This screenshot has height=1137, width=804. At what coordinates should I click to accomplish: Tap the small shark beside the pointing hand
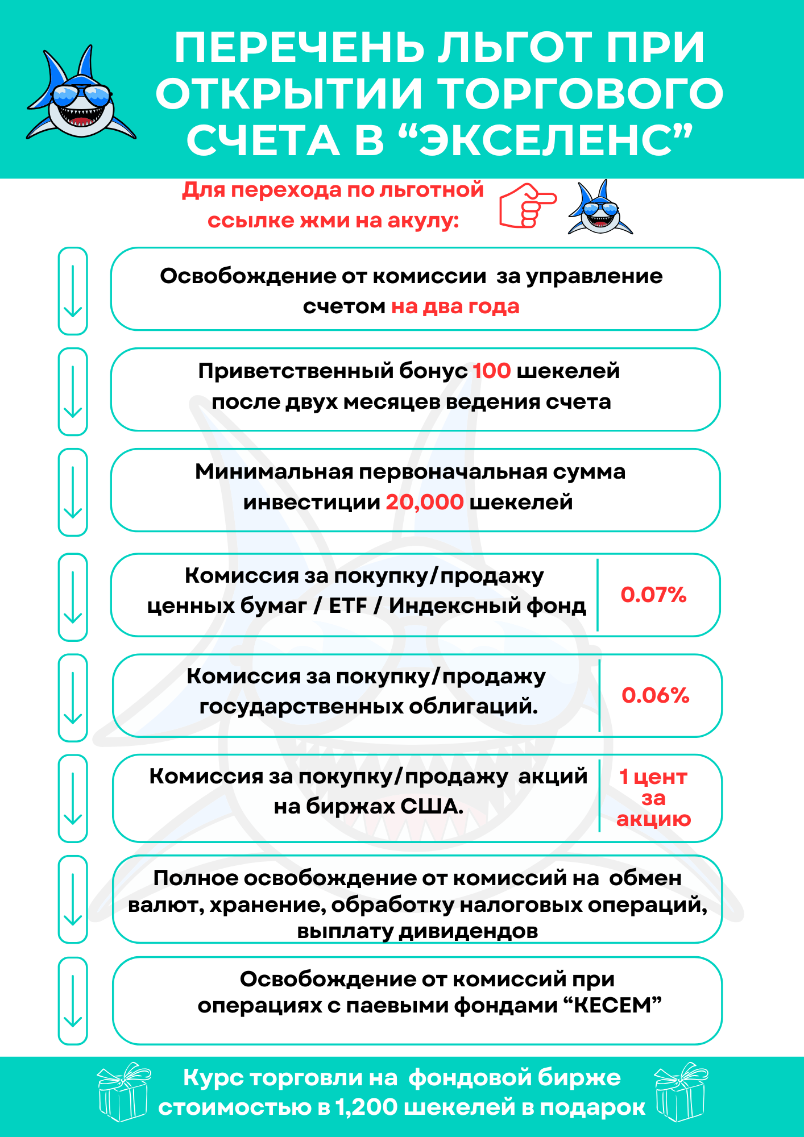(600, 208)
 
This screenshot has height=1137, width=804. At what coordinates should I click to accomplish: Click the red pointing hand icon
(528, 205)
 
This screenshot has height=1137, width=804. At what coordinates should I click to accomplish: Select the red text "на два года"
(455, 307)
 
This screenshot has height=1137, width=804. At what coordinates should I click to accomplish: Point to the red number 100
(492, 371)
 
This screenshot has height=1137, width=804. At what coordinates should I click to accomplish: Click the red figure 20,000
(425, 502)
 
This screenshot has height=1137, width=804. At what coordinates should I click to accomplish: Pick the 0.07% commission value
(653, 595)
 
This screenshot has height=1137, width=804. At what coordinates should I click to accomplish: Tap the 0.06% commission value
(655, 695)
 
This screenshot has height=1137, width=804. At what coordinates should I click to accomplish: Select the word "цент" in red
(661, 777)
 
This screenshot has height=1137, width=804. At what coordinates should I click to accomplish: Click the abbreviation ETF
(348, 606)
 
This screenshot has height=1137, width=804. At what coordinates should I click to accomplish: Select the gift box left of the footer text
(123, 1092)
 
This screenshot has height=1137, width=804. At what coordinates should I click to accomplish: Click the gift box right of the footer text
(681, 1092)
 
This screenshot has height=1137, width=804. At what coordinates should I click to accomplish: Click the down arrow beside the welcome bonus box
(73, 392)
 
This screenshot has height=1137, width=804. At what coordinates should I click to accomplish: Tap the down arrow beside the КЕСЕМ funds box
(73, 1001)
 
